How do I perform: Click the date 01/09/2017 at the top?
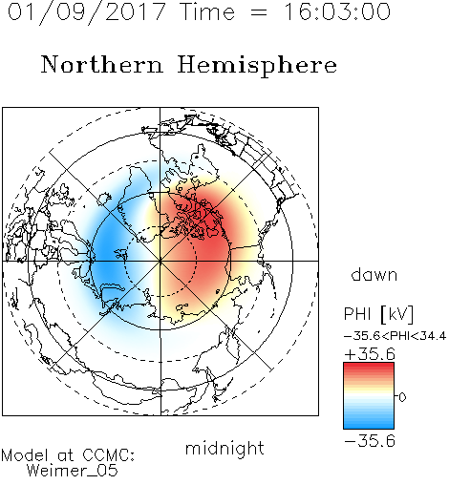[x=87, y=12]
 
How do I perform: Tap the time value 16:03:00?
[x=337, y=11]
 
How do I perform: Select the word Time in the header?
[x=207, y=11]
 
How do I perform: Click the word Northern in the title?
[x=102, y=64]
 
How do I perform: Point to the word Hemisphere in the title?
[x=257, y=65]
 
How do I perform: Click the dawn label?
[x=374, y=274]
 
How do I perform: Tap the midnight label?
[x=224, y=449]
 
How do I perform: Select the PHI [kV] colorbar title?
[x=378, y=314]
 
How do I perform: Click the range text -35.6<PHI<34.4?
[x=395, y=336]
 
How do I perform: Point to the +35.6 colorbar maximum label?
[x=370, y=354]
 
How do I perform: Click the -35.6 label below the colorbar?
[x=370, y=441]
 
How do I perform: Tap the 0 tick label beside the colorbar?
[x=402, y=397]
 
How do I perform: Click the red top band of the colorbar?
[x=369, y=368]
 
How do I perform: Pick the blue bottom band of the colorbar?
[x=369, y=423]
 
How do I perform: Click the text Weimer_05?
[x=72, y=471]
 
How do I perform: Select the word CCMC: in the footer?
[x=108, y=455]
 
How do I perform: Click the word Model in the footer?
[x=25, y=455]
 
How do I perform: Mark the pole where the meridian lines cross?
[x=160, y=261]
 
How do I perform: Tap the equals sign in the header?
[x=259, y=12]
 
